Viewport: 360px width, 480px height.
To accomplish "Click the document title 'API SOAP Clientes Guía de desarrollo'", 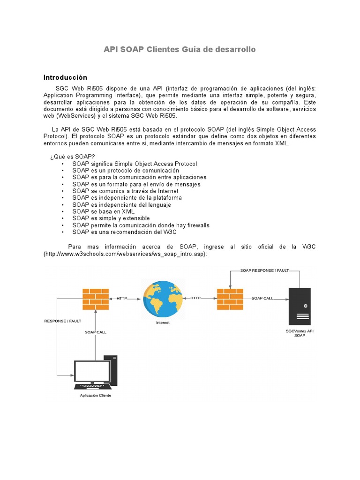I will pyautogui.click(x=180, y=49).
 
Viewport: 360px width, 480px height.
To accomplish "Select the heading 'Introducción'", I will pyautogui.click(x=65, y=77).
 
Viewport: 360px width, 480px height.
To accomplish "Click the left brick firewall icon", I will pyautogui.click(x=96, y=298).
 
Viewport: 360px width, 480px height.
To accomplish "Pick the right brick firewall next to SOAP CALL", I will pyautogui.click(x=230, y=299).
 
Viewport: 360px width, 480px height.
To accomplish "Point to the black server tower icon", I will pyautogui.click(x=300, y=306).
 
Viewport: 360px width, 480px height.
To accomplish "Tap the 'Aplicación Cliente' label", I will pyautogui.click(x=96, y=395).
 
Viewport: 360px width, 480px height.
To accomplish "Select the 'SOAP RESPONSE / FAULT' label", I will pyautogui.click(x=264, y=270).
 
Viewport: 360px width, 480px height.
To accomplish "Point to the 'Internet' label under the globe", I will pyautogui.click(x=163, y=322).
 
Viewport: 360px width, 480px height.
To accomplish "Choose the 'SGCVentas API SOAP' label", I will pyautogui.click(x=299, y=333).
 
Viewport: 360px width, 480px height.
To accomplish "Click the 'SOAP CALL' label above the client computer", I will pyautogui.click(x=96, y=332).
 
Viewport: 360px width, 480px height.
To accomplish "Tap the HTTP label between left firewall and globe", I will pyautogui.click(x=122, y=298).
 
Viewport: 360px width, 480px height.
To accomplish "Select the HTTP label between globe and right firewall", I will pyautogui.click(x=195, y=298).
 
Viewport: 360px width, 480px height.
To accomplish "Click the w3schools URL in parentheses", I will pyautogui.click(x=126, y=254).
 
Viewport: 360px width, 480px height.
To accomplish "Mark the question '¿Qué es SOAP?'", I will pyautogui.click(x=73, y=157).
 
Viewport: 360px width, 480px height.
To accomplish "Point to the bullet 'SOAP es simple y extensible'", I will pyautogui.click(x=111, y=218).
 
